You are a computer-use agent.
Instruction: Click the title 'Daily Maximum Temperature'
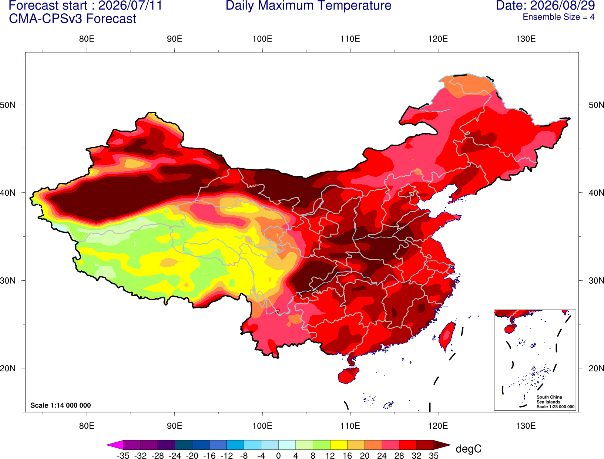coord(308,6)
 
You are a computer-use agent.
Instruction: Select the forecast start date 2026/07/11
coord(130,6)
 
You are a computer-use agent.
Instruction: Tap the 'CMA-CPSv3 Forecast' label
coord(73,19)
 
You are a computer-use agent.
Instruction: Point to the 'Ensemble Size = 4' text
coord(558,17)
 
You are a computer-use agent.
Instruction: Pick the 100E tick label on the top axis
coord(262,39)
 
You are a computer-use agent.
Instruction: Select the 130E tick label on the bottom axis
coord(526,426)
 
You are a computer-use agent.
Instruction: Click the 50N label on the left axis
coord(8,105)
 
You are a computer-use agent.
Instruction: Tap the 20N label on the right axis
coord(596,368)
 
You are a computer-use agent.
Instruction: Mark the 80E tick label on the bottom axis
coord(87,426)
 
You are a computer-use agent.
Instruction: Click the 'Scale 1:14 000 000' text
coord(61,405)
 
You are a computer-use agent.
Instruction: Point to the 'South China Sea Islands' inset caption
coord(549,399)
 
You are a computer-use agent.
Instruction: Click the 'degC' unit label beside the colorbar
coord(468,449)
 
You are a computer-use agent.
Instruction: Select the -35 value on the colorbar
coord(123,456)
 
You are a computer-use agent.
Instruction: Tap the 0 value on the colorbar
coord(278,456)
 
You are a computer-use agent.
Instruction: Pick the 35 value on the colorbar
coord(434,456)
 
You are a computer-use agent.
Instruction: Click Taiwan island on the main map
coord(446,336)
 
